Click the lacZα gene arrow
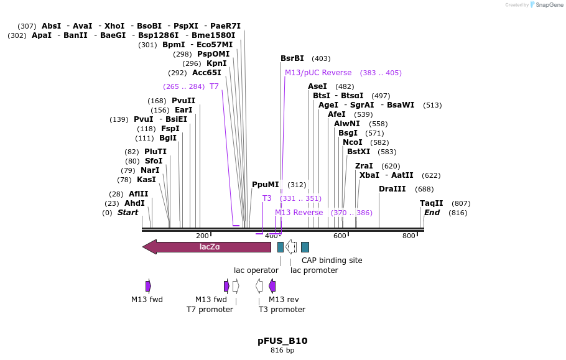208,247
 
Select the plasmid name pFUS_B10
282,341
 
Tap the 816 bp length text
282,351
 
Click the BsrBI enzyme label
292,58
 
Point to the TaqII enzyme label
432,203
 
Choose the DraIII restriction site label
392,189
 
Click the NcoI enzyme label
353,142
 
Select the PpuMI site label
266,185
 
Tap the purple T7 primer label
214,86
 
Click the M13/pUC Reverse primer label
318,73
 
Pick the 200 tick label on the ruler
202,236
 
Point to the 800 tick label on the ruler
409,236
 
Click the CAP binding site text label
332,261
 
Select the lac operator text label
256,270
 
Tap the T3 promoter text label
282,310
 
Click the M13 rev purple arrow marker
272,286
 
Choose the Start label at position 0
128,213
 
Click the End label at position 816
432,213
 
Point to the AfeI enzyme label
336,114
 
